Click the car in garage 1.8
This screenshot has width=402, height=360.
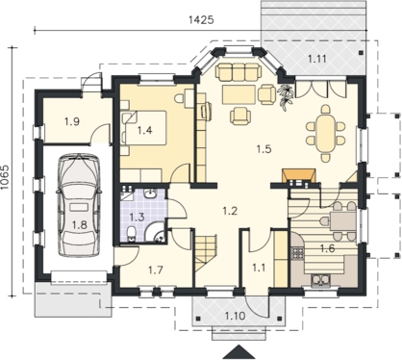tap(79, 205)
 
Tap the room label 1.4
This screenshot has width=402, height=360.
tap(144, 130)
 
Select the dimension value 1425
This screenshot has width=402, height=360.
tap(201, 20)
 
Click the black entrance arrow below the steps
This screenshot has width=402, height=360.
tap(239, 352)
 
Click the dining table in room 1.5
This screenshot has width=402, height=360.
tap(325, 134)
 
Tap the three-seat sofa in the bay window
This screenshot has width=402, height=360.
tap(238, 70)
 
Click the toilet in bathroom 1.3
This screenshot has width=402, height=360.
tap(131, 234)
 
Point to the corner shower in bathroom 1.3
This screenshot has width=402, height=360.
tap(156, 231)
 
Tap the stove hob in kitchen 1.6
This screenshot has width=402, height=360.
tap(297, 253)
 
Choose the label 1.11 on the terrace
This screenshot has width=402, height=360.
tap(316, 59)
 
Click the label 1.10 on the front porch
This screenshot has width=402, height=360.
tap(235, 316)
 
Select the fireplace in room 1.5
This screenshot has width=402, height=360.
tap(298, 177)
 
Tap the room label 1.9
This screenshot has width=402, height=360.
tap(72, 121)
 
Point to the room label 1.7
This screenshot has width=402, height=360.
tap(156, 270)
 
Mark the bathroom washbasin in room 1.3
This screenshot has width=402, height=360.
tap(150, 193)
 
